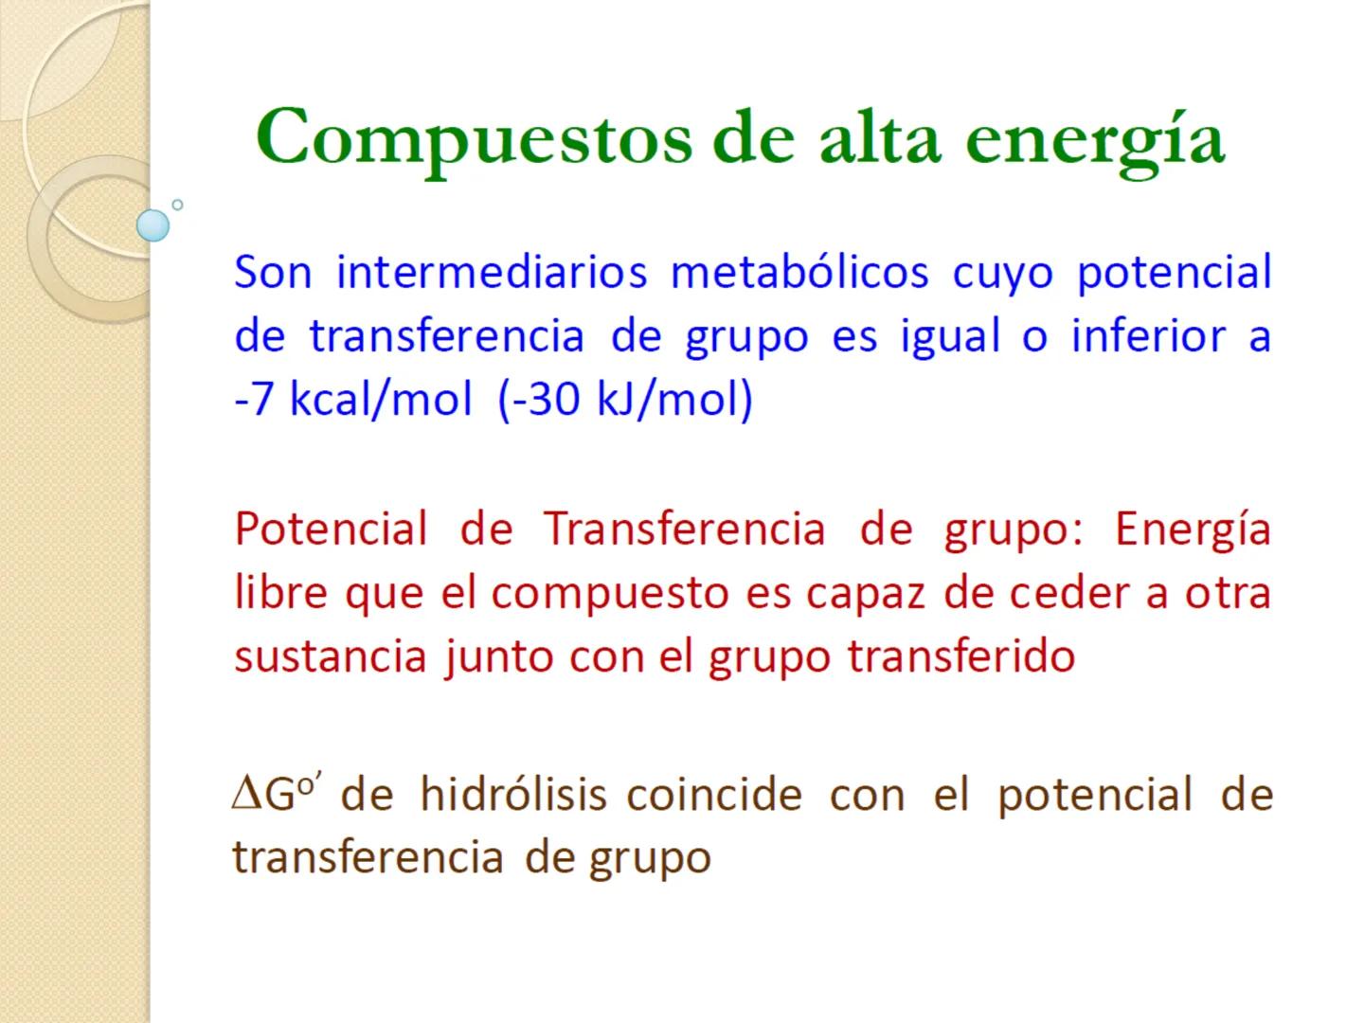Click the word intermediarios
pyautogui.click(x=492, y=273)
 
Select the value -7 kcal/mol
pyautogui.click(x=352, y=400)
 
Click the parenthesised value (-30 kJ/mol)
pyautogui.click(x=625, y=400)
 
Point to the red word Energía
pyautogui.click(x=1193, y=529)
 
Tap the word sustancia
pyautogui.click(x=331, y=655)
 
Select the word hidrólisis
pyautogui.click(x=513, y=794)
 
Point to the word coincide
pyautogui.click(x=714, y=794)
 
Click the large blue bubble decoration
pyautogui.click(x=153, y=225)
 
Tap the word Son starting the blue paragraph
pyautogui.click(x=273, y=273)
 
